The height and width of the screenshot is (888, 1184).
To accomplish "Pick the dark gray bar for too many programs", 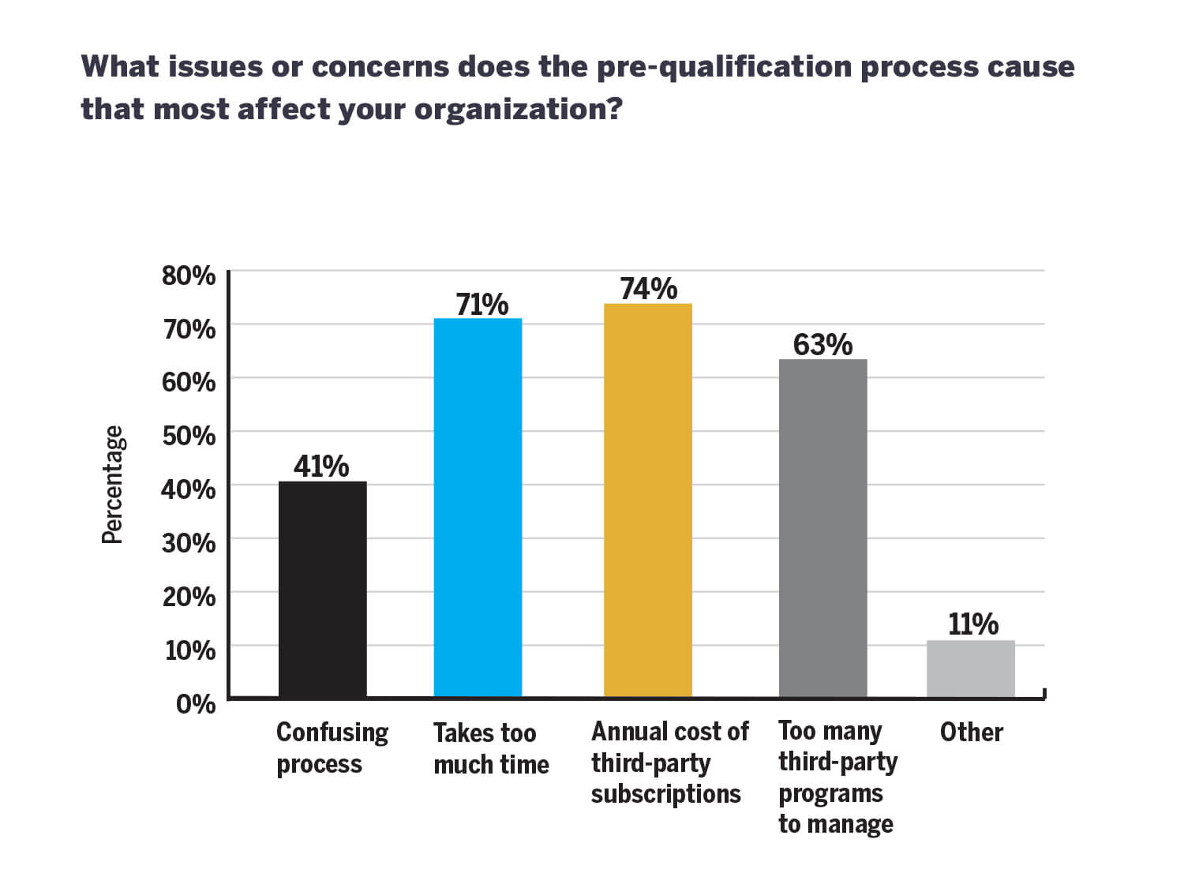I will tap(822, 528).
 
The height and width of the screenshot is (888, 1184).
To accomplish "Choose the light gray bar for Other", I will tap(970, 669).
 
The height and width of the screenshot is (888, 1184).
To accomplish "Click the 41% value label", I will tap(321, 466).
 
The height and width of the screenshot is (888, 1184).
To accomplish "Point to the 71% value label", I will tap(481, 305).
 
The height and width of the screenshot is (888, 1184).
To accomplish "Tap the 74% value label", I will tap(648, 289).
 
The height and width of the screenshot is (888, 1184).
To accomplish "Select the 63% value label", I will tap(822, 345).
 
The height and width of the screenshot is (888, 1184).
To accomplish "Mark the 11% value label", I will tap(972, 624).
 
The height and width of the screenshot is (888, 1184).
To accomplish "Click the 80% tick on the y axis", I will tap(189, 275).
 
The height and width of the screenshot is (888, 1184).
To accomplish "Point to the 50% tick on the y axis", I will tap(189, 436).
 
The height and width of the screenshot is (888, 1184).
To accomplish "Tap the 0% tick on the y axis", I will tap(195, 703).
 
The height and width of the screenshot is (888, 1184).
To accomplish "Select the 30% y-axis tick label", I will tap(189, 543).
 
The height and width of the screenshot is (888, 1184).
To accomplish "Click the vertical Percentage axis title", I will tap(113, 485).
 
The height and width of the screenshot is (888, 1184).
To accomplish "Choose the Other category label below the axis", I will tap(971, 733).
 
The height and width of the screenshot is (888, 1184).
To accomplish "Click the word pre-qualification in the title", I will tap(724, 67).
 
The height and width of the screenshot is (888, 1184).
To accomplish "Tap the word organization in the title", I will tap(518, 110).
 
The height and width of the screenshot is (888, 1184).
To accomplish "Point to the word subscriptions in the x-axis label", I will tap(665, 794).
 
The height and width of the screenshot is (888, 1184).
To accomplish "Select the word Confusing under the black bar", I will tap(332, 733).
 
